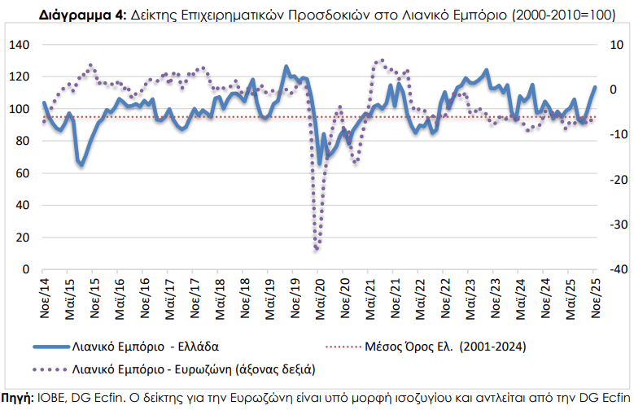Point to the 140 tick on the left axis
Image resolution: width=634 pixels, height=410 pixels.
click(19, 45)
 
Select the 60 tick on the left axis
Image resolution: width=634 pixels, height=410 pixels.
click(21, 172)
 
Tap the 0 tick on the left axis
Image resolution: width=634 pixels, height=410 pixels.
click(25, 268)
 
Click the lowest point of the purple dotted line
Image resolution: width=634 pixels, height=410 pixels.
click(317, 249)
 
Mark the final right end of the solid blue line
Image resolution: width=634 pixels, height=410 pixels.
click(595, 87)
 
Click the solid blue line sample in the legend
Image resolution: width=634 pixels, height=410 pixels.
click(49, 346)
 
